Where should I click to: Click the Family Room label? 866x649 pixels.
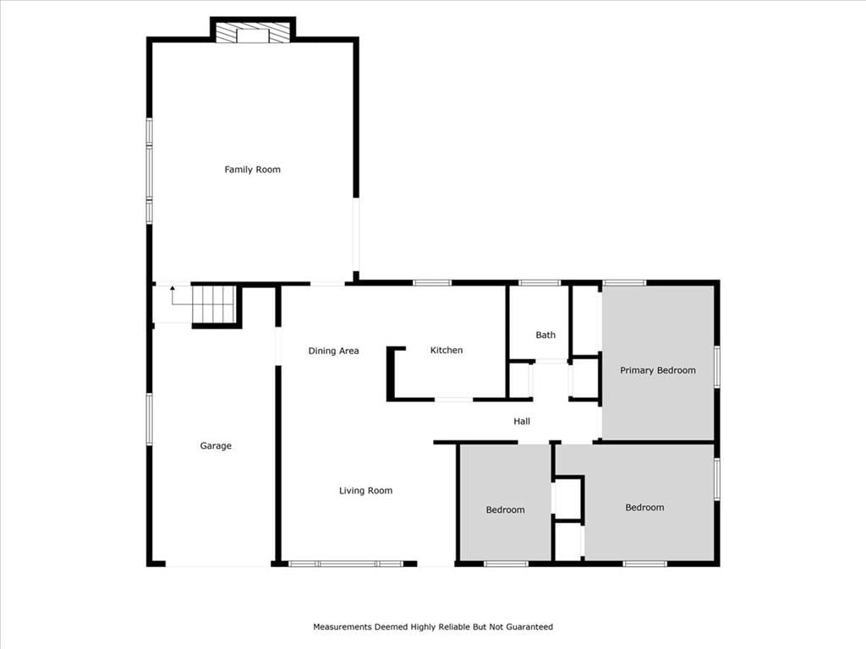click(252, 169)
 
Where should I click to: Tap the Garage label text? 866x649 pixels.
click(216, 446)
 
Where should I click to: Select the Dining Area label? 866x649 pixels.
click(333, 351)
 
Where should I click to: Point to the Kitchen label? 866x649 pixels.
click(447, 350)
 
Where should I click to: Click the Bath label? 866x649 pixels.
click(545, 335)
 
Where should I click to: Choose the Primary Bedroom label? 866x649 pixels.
click(658, 370)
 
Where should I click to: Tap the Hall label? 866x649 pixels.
click(522, 422)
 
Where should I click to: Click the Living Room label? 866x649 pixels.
click(365, 491)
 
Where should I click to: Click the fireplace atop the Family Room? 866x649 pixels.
click(252, 33)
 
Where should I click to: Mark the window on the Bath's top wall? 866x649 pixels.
click(540, 283)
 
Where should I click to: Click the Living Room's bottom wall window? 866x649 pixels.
click(346, 564)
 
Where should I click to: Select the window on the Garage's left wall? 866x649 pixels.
click(149, 419)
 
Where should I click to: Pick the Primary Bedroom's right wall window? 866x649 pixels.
click(717, 367)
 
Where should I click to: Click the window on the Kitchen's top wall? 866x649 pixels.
click(432, 283)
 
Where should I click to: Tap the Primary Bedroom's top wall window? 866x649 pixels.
click(624, 283)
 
